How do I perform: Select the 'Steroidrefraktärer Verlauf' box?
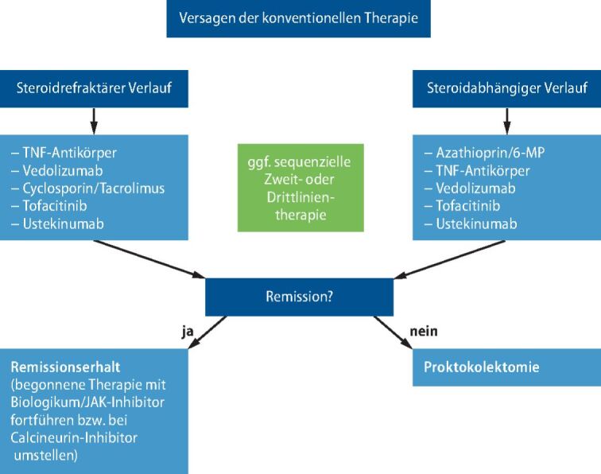coord(95,88)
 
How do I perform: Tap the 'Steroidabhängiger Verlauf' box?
coord(506,88)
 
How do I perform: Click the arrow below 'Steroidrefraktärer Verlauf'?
coord(95,121)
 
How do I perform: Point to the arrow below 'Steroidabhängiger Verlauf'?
coord(506,121)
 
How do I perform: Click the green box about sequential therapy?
coord(299,188)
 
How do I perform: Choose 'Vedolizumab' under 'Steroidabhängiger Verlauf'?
coord(475,188)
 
